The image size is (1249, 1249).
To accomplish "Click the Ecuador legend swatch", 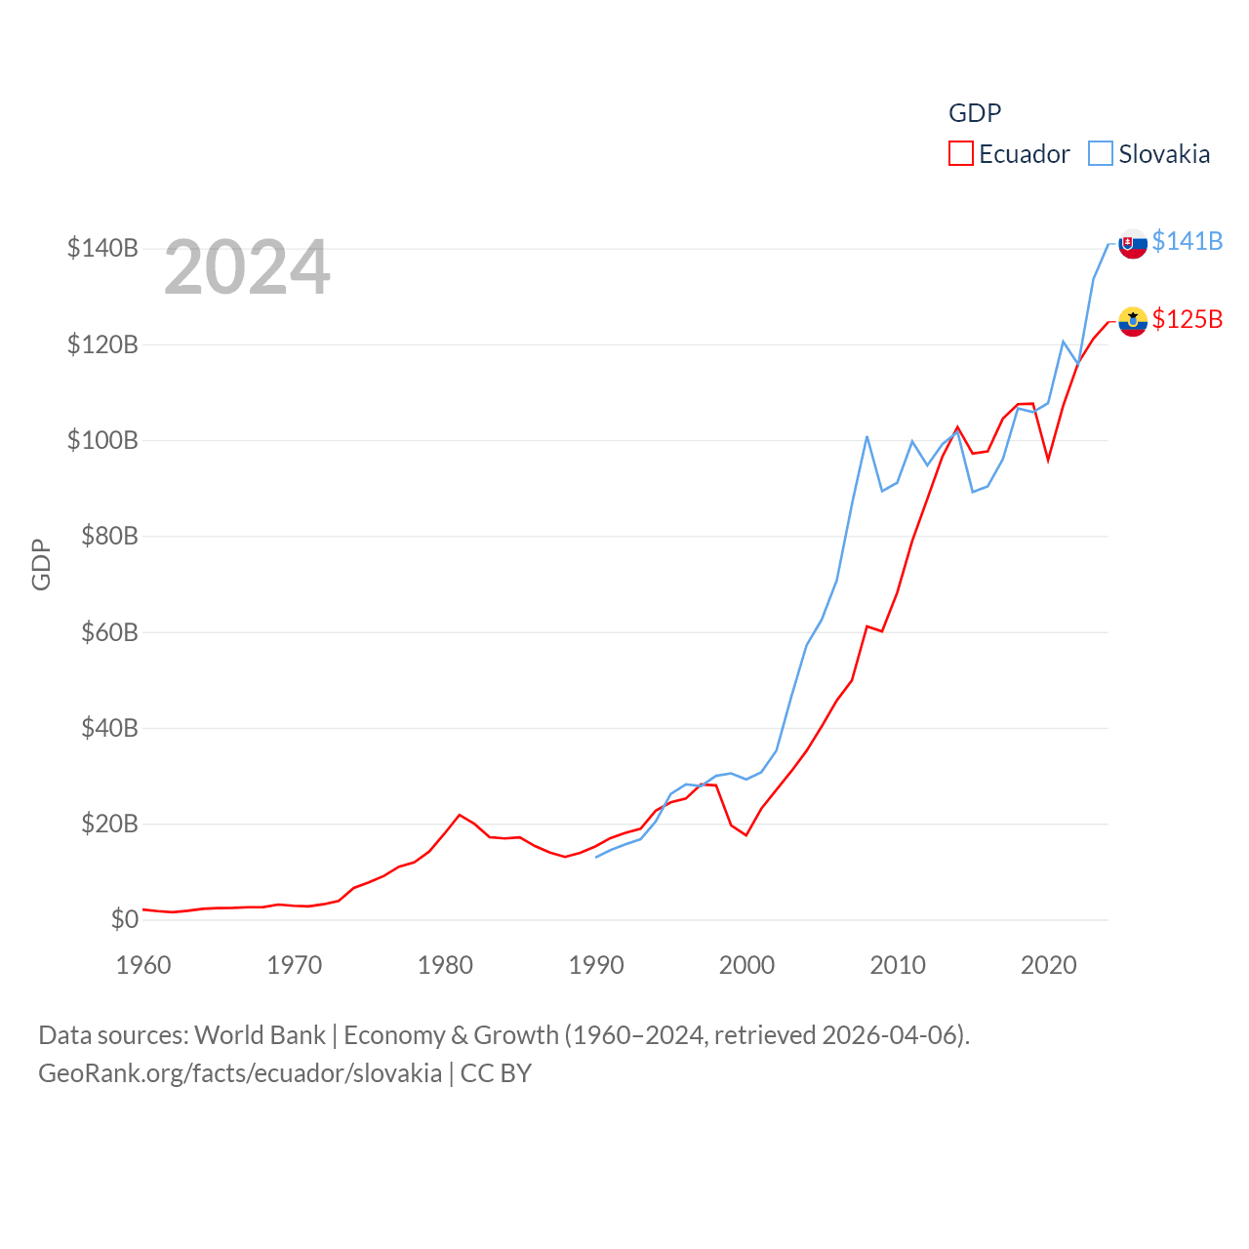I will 961,154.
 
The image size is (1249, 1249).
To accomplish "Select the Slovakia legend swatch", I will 1101,154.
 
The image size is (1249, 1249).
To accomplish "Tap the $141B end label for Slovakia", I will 1187,241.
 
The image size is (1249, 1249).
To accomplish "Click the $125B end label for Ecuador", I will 1187,319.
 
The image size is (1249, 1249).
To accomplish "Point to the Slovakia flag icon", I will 1133,243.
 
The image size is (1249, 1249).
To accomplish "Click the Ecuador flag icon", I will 1133,321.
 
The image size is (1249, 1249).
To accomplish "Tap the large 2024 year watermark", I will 247,267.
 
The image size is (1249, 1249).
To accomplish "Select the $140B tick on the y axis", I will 102,248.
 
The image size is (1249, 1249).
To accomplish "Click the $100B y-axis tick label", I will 102,440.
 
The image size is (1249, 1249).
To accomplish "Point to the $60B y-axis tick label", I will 109,632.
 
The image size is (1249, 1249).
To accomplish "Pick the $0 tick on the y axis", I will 124,919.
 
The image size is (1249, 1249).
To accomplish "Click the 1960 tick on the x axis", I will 143,965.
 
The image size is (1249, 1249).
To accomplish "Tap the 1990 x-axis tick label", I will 596,965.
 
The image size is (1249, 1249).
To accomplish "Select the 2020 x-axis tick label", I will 1049,965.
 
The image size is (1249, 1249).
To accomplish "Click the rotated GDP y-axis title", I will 41,564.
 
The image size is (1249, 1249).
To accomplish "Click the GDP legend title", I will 975,113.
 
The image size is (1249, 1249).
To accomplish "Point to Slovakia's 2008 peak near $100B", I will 866,436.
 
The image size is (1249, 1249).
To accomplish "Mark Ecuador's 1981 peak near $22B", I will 460,815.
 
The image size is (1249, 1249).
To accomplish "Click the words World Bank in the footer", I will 260,1034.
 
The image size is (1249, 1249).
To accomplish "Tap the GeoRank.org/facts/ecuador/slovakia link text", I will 240,1073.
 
